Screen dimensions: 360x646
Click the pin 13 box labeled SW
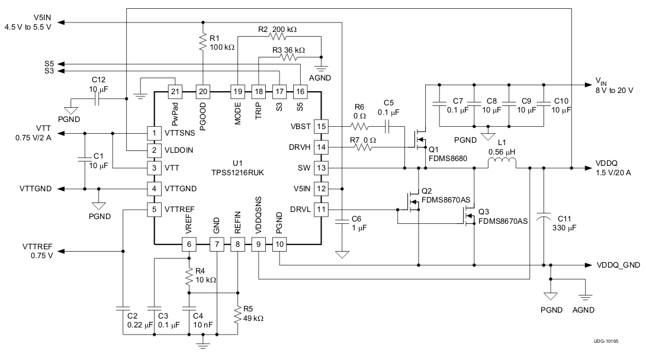pyautogui.click(x=321, y=169)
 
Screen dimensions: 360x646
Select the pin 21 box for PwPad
pyautogui.click(x=175, y=91)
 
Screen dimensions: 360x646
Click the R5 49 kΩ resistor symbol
pyautogui.click(x=237, y=317)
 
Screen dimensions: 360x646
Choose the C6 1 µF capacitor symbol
pyautogui.click(x=341, y=222)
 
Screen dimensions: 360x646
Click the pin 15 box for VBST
pyautogui.click(x=321, y=126)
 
